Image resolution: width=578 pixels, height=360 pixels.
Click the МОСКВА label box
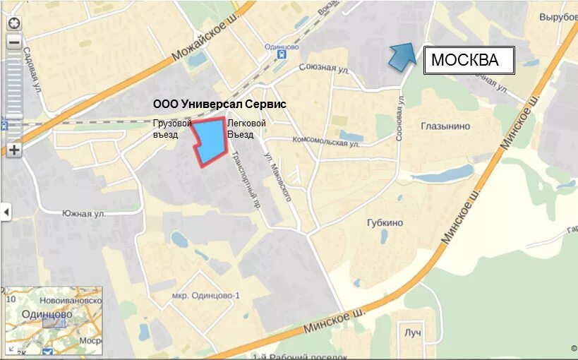click(x=469, y=61)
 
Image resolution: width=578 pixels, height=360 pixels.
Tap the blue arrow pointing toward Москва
click(x=403, y=55)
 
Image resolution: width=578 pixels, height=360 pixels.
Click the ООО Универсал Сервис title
click(x=220, y=104)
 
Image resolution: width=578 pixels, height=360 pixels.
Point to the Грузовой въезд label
click(x=171, y=129)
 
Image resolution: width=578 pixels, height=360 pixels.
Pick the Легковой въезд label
click(x=246, y=129)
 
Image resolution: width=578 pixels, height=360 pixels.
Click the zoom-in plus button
click(x=14, y=150)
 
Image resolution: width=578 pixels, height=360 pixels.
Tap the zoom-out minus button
click(x=14, y=42)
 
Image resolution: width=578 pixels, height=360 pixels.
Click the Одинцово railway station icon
click(x=282, y=54)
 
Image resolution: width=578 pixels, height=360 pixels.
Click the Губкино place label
click(x=385, y=223)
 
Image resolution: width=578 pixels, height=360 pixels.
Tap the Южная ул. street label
click(x=83, y=213)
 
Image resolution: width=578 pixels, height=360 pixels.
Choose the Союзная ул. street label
click(x=324, y=69)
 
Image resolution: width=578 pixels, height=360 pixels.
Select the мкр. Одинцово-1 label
click(x=206, y=295)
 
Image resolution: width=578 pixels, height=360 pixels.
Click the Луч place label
click(x=413, y=332)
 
